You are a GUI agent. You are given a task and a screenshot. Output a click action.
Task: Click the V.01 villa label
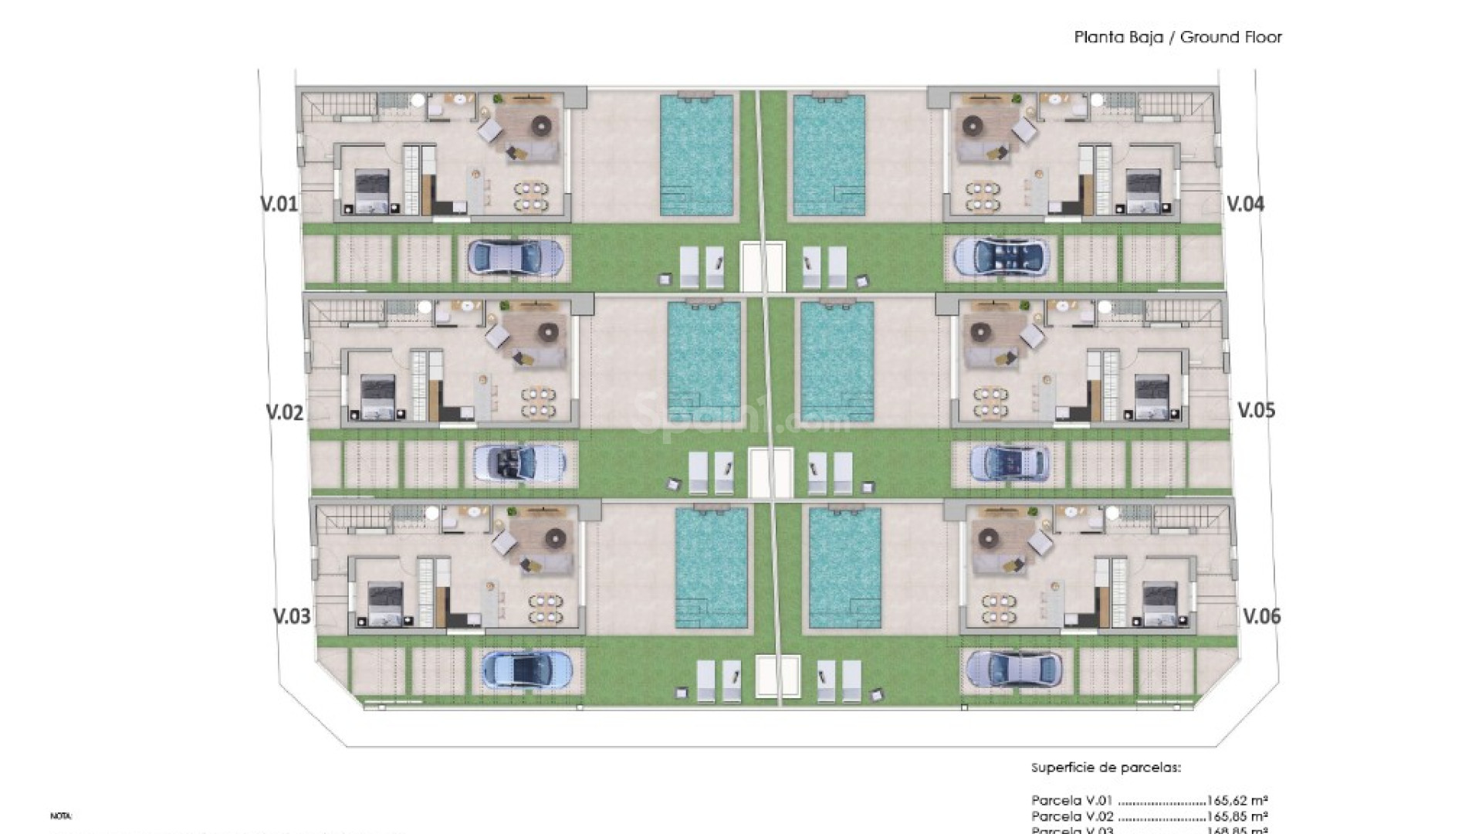279,205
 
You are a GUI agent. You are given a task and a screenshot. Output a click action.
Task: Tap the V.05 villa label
1257,410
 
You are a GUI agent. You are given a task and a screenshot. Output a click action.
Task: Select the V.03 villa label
293,616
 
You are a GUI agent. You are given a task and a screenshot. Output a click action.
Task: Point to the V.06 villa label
1262,616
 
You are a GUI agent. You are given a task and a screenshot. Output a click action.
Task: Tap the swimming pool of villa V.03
712,567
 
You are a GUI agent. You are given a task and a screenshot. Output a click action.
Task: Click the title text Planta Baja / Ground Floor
1178,37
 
